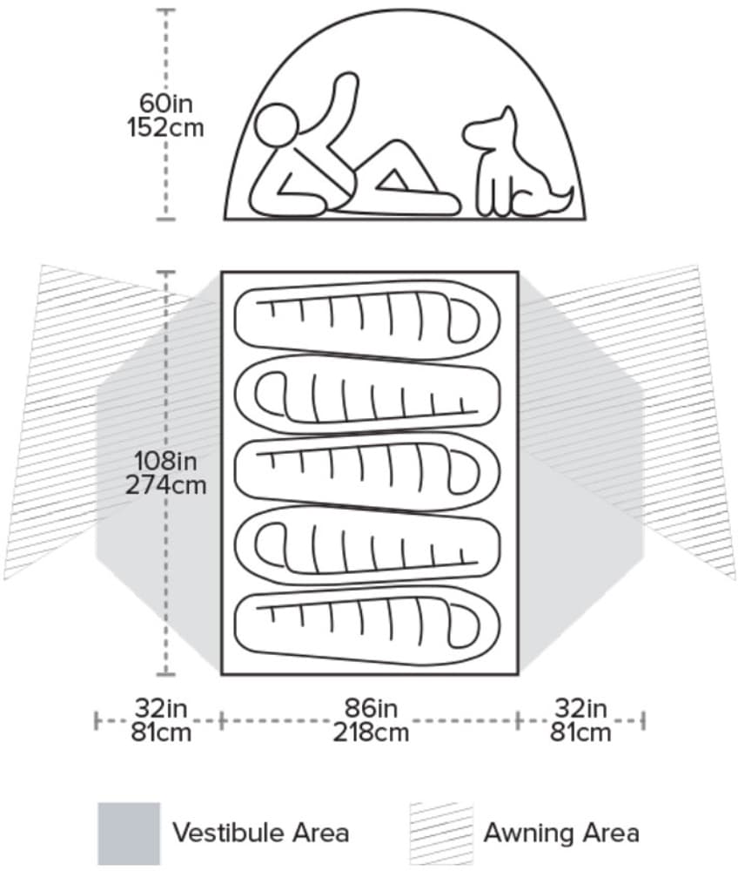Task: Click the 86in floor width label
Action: pyautogui.click(x=370, y=707)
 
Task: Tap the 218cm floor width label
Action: pyautogui.click(x=370, y=732)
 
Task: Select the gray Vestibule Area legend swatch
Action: pyautogui.click(x=128, y=833)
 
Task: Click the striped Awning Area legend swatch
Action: pyautogui.click(x=440, y=833)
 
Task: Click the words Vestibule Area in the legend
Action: pyautogui.click(x=260, y=833)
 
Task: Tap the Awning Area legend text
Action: pyautogui.click(x=561, y=833)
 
